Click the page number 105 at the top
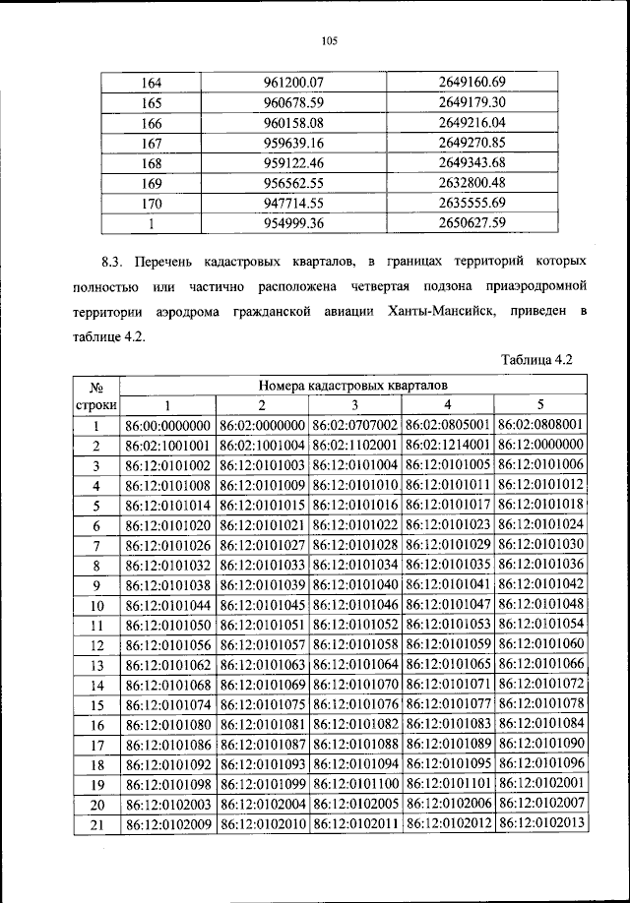(329, 40)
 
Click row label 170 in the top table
(152, 203)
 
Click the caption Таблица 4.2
(536, 360)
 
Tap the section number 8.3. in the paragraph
(116, 264)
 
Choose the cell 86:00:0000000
(168, 426)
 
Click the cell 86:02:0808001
(540, 426)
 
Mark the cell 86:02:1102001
(354, 446)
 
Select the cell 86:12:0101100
(354, 784)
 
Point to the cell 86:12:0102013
(540, 824)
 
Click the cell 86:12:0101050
(168, 625)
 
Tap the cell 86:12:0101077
(447, 704)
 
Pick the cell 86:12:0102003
(168, 805)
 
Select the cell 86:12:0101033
(262, 565)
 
